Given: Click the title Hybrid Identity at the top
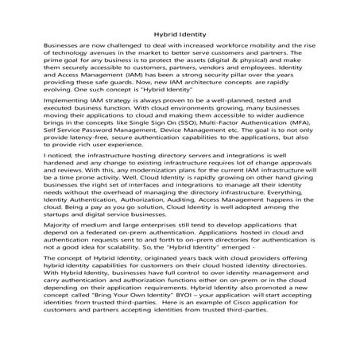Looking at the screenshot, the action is tap(180, 34).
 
